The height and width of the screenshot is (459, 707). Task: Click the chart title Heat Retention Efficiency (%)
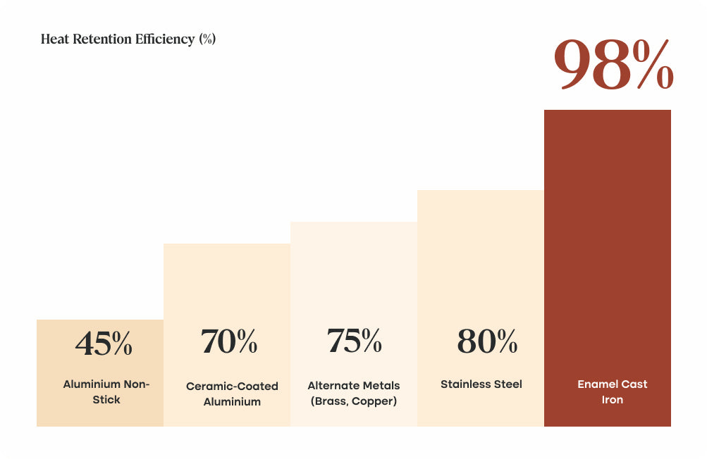128,39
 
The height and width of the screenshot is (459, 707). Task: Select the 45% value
104,343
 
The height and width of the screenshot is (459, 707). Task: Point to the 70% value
229,341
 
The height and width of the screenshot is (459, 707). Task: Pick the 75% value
354,341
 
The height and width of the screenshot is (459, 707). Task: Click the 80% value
487,341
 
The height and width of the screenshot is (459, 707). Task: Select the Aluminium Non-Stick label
106,392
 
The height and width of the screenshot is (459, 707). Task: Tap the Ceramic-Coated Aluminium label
232,394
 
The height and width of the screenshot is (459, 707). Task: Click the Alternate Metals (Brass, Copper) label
354,394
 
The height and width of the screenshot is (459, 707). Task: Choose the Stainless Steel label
481,384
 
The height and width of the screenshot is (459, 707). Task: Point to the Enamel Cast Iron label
612,392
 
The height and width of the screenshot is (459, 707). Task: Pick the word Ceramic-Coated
232,386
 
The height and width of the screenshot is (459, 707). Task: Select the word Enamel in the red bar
598,384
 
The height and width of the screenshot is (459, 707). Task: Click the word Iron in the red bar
613,400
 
